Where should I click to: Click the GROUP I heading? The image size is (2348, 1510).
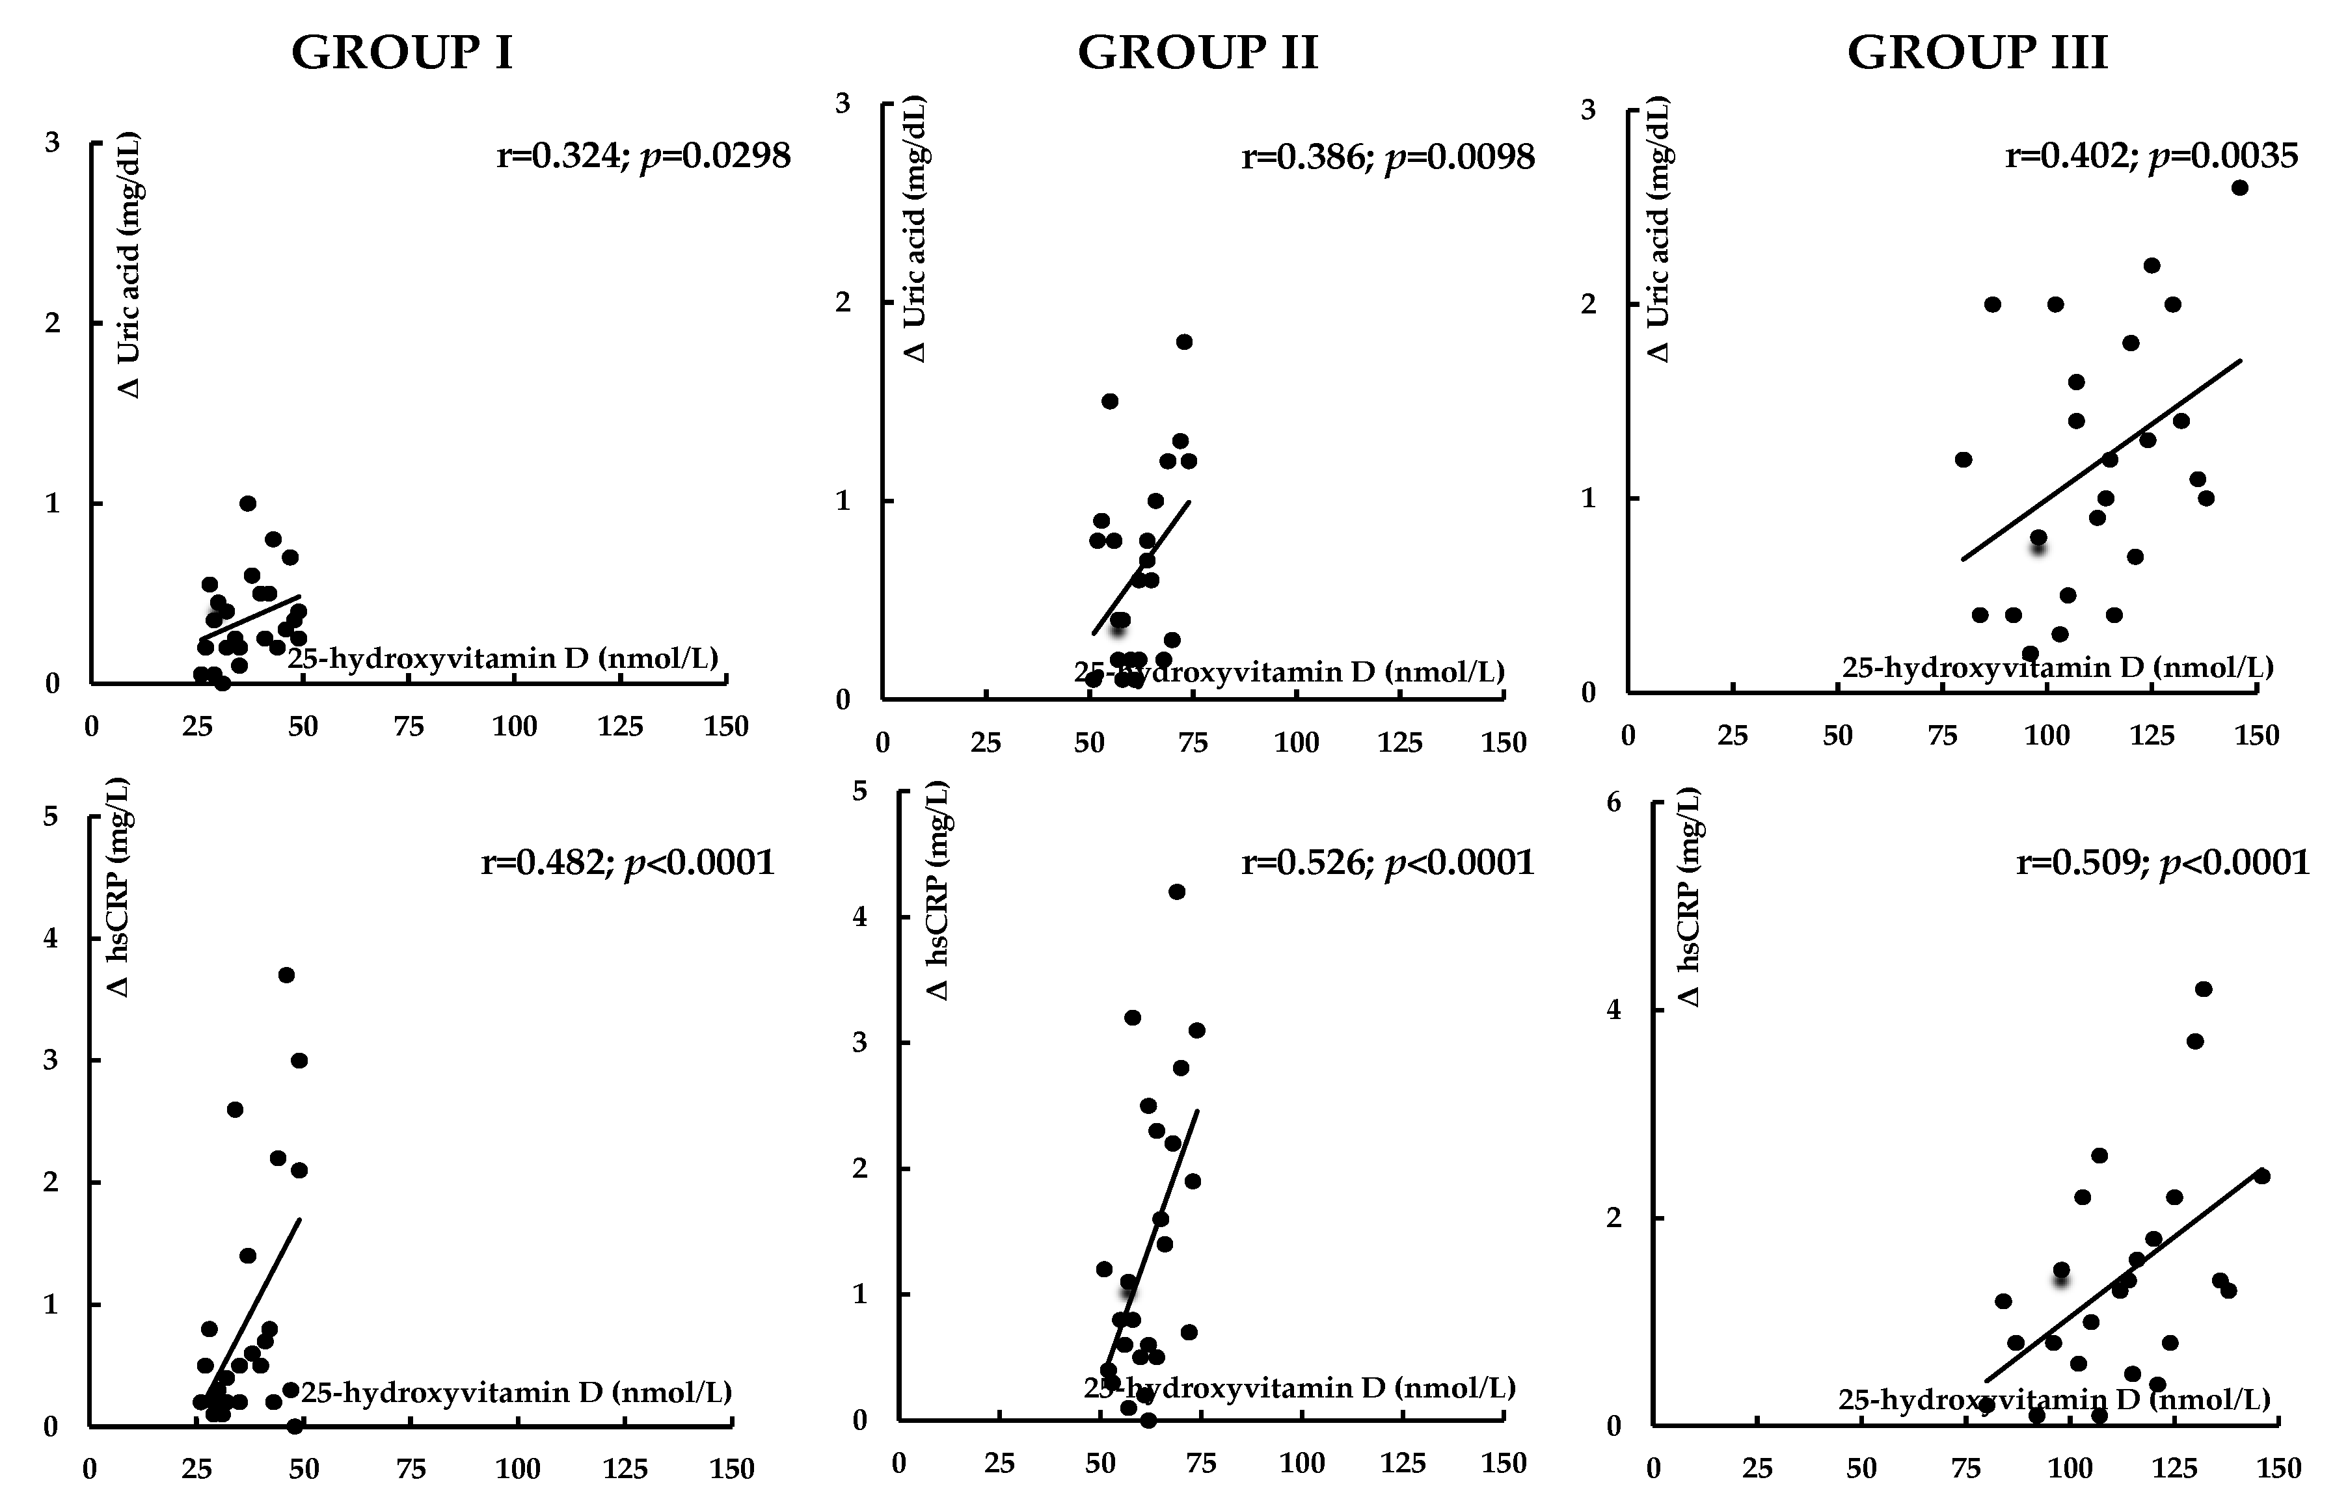click(402, 53)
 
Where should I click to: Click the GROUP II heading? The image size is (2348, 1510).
click(1198, 53)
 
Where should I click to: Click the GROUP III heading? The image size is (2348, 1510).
click(1977, 53)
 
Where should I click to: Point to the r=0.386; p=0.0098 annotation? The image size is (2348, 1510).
click(1388, 156)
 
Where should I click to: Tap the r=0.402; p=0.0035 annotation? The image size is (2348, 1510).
click(2151, 155)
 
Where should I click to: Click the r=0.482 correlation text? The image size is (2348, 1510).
click(628, 862)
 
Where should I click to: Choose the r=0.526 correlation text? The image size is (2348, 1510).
click(1387, 862)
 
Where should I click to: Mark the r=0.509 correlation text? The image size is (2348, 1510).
click(2163, 862)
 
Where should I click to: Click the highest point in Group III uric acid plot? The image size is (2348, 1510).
click(2239, 188)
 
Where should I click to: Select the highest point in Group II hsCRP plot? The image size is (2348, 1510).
click(1177, 892)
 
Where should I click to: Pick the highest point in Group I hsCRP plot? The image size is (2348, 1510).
click(286, 975)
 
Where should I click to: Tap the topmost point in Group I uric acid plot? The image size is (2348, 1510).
click(247, 503)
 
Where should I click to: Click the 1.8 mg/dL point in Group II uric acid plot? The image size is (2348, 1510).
click(1184, 341)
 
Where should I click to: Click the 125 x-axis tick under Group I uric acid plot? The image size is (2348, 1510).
click(620, 726)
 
